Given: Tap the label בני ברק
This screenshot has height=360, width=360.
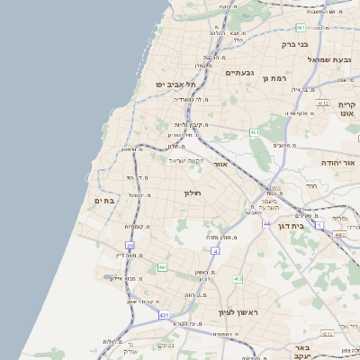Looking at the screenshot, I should tap(294, 43).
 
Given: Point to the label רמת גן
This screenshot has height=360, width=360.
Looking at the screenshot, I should tap(274, 78).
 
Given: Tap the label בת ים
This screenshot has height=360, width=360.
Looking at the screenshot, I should tap(103, 201).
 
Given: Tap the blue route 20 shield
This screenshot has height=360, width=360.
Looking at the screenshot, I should tap(130, 245).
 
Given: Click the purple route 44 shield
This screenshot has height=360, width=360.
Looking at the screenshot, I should tap(162, 267).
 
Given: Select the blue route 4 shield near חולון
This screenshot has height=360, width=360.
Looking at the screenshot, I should tap(215, 250).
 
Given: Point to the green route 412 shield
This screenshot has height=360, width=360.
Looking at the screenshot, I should tap(238, 279).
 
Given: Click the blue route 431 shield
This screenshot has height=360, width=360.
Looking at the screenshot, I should tap(163, 316).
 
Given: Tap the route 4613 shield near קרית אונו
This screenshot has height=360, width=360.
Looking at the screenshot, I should tap(322, 104).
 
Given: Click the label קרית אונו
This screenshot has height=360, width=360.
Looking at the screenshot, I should tap(347, 110).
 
